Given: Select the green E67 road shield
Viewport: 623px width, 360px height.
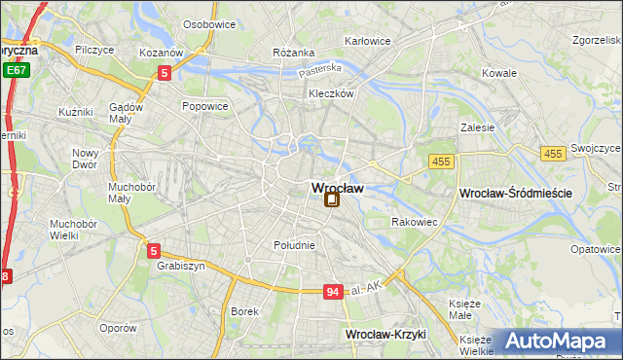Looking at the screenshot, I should tap(15, 70).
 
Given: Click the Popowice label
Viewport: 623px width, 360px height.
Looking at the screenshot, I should tap(204, 106).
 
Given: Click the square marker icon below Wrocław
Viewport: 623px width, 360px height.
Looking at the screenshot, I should tap(332, 199).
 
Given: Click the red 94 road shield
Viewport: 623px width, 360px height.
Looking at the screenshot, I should tap(333, 292).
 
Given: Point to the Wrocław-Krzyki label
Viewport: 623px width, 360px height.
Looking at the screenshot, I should tap(386, 334).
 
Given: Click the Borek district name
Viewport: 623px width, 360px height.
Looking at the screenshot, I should tap(243, 311).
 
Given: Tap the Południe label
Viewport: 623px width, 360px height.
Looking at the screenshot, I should tap(294, 245).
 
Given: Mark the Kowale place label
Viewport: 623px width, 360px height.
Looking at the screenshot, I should tap(499, 73).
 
